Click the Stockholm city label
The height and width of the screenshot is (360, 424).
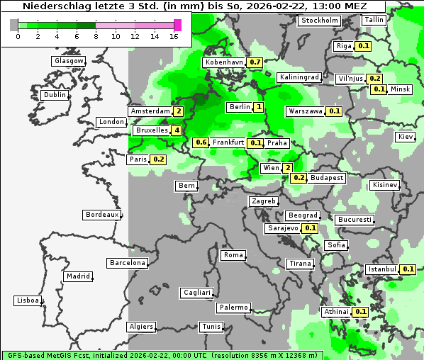tap(319, 21)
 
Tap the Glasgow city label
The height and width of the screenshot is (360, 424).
tap(69, 61)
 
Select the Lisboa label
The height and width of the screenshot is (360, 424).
tap(27, 300)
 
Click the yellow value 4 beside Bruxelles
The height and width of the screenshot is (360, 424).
tap(177, 130)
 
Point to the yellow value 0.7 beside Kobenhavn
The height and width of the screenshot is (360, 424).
tap(255, 62)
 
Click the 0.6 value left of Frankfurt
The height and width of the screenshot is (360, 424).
tap(201, 142)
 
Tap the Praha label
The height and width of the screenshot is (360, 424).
tap(277, 143)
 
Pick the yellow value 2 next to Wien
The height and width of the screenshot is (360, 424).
tap(287, 168)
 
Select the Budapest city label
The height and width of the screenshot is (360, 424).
tap(326, 178)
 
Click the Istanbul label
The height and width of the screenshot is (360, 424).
tap(381, 269)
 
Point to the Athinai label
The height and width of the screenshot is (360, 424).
tap(337, 312)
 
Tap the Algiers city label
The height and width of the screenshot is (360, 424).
tap(140, 327)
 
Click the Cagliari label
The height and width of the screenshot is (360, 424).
tap(196, 293)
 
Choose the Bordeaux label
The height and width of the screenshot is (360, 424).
tap(101, 215)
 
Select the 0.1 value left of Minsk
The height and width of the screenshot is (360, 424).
tap(379, 89)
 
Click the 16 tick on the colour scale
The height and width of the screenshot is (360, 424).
tap(174, 36)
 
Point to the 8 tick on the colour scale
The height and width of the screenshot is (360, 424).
tap(96, 36)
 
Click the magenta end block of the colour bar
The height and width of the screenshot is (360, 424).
tap(177, 25)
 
